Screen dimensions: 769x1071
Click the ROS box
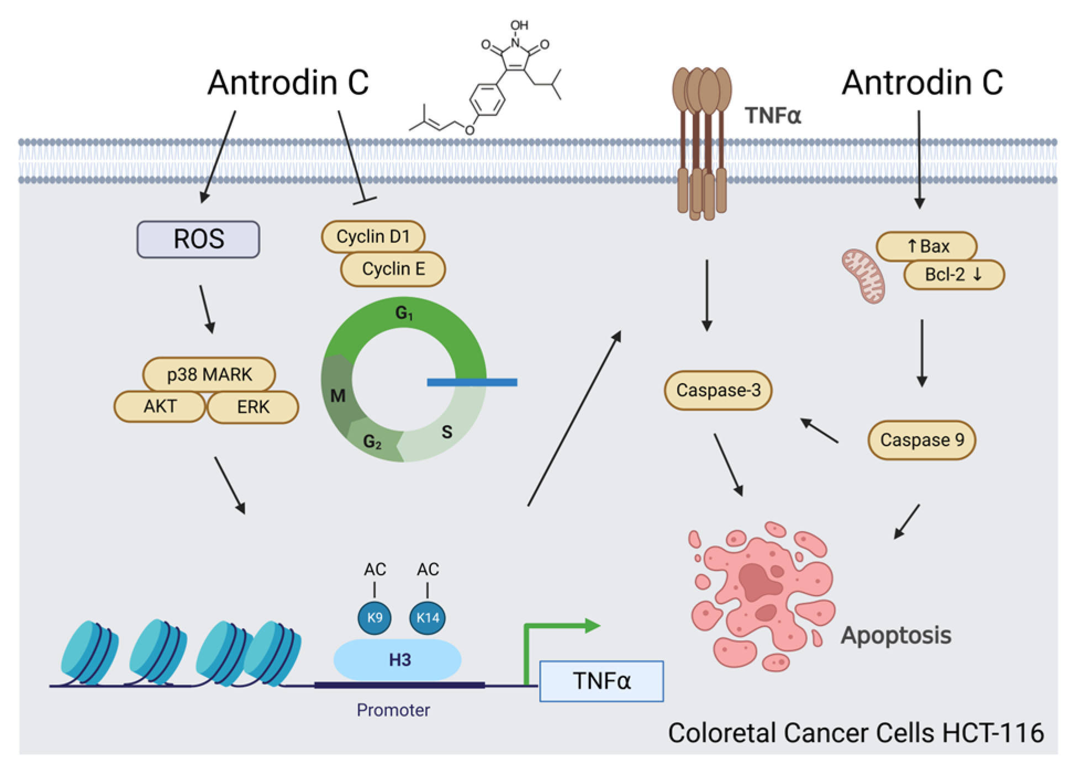pos(198,239)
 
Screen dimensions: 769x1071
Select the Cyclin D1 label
pos(373,237)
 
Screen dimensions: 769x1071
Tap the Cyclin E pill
pos(393,269)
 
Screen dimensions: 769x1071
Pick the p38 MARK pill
pos(209,375)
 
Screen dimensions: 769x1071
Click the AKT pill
pos(160,406)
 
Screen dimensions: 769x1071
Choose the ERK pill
pos(253,407)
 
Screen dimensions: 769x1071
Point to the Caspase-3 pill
pos(718,390)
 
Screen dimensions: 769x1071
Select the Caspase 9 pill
pos(921,440)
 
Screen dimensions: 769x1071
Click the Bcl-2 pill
pos(953,274)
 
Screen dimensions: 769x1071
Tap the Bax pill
pos(927,246)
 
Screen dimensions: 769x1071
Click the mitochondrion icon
pos(863,275)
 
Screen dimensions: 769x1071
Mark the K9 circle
pos(374,617)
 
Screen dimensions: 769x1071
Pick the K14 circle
pos(428,617)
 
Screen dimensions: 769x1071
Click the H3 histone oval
pos(398,660)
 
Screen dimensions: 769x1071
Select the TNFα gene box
pos(602,681)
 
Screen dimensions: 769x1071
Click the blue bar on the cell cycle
pos(472,382)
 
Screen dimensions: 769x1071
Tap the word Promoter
pos(393,710)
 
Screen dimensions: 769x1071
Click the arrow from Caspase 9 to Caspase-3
pos(820,431)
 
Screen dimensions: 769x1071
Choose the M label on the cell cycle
pos(337,396)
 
